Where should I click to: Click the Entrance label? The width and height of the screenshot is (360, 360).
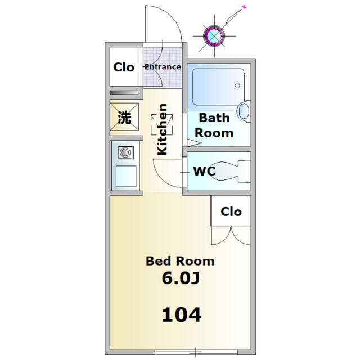pos(163,67)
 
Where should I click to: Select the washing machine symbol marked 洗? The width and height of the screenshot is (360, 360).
pos(124,118)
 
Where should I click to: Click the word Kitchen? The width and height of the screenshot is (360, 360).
pos(162,129)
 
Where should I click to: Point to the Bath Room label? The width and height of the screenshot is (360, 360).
pos(214,125)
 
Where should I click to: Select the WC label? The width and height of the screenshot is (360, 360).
pos(204,172)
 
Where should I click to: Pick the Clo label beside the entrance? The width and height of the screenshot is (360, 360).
pos(124,67)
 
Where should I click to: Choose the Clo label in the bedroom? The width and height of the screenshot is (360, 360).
pos(231,211)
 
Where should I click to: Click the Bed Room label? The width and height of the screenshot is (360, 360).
pos(180,261)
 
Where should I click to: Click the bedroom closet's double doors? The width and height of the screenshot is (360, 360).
pos(231,235)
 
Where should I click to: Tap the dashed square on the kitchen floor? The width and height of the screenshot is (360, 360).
pos(162,123)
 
